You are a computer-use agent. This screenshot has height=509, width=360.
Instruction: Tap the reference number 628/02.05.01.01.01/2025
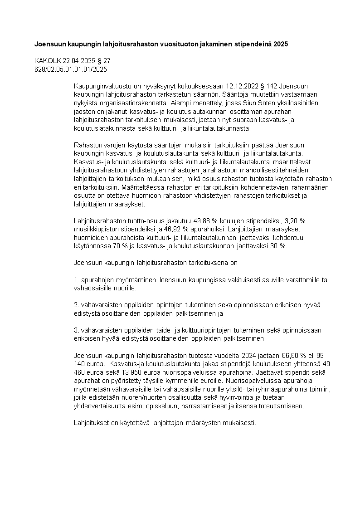[71, 69]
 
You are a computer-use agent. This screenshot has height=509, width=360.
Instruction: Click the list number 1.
[76, 280]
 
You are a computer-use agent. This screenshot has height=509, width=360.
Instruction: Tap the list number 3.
[76, 330]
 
